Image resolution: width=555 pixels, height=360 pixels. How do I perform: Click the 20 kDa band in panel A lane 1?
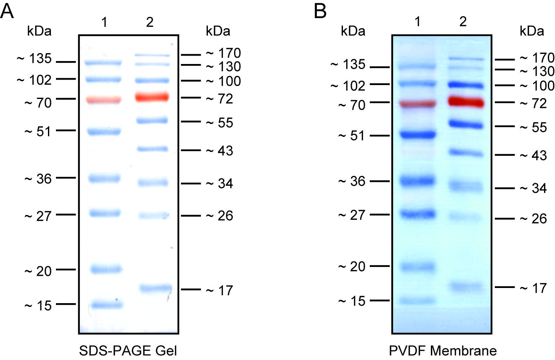(106, 269)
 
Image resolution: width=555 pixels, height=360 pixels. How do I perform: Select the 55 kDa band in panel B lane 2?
(464, 124)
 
